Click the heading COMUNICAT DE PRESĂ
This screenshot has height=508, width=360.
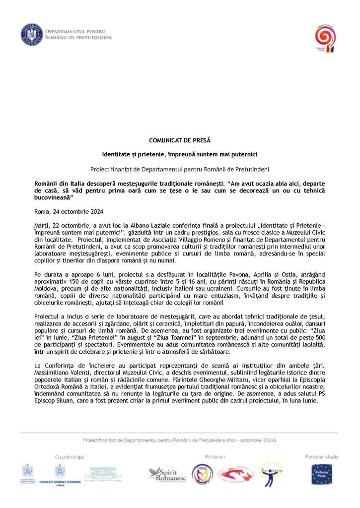coord(179,140)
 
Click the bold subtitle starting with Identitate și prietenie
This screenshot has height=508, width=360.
coord(179,155)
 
